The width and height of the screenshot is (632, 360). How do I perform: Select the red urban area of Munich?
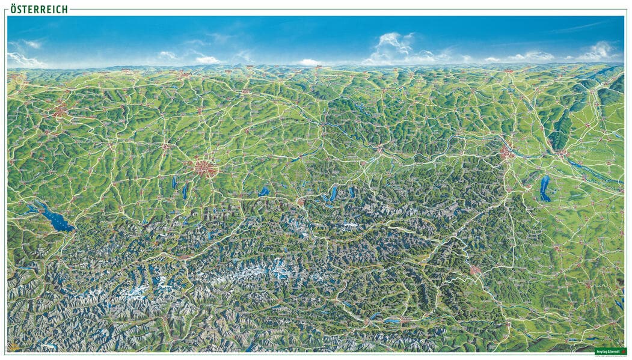205,168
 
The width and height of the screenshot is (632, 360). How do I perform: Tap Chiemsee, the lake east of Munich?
264,192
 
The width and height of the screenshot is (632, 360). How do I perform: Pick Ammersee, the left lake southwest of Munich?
174,182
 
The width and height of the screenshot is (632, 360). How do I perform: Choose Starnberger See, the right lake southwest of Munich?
185,191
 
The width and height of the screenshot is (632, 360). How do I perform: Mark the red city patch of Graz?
476,270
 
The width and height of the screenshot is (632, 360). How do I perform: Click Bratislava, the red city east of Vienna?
562,153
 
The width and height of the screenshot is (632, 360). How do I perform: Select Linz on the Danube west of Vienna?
379,149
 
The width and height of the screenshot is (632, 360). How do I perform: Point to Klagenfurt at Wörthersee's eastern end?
402,320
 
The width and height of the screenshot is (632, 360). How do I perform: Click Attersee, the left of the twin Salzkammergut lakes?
333,194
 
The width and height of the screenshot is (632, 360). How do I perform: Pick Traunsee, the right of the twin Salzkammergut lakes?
352,192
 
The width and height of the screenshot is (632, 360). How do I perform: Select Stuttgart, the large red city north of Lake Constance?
60,111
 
